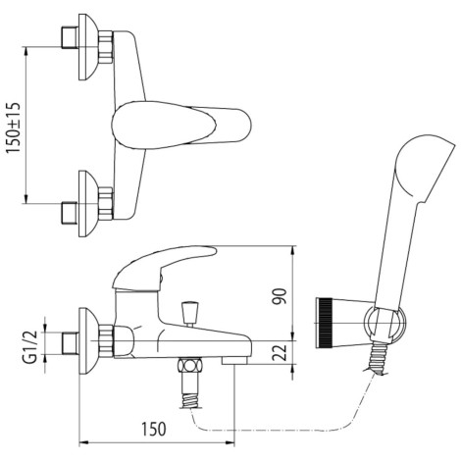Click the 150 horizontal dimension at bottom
(x=151, y=429)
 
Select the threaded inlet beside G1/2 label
(x=69, y=341)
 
